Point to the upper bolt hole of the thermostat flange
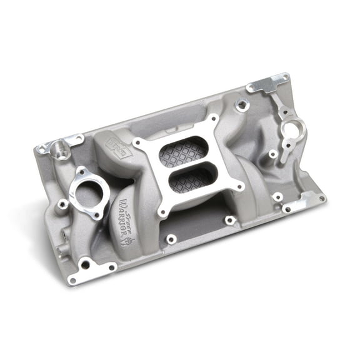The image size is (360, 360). (81, 169)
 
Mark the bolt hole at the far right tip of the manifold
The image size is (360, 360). (321, 199)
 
